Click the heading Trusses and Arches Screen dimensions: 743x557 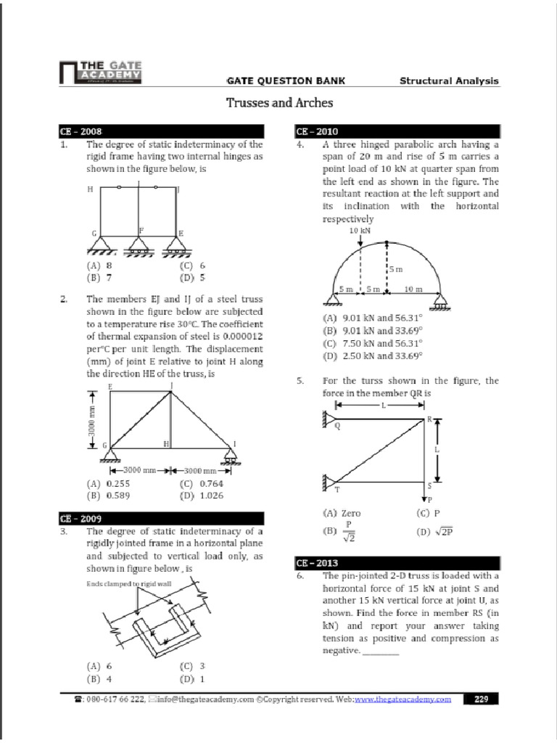pos(280,103)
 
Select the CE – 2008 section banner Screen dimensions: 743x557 pos(81,132)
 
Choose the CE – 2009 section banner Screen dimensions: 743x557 pos(81,519)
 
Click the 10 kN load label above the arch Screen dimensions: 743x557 pos(360,230)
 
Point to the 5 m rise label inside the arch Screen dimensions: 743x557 pos(395,269)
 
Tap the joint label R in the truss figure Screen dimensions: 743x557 pos(429,419)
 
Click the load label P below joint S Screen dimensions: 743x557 pos(429,499)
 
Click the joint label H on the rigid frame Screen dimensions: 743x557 pos(90,189)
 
